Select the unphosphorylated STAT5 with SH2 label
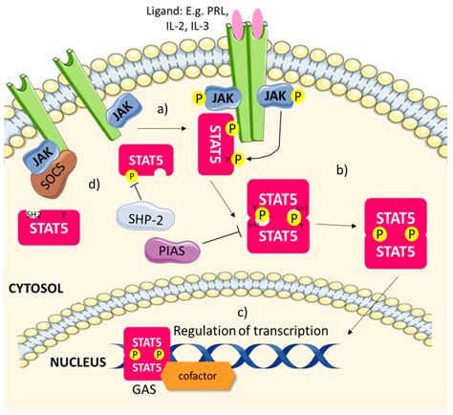[48, 229]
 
